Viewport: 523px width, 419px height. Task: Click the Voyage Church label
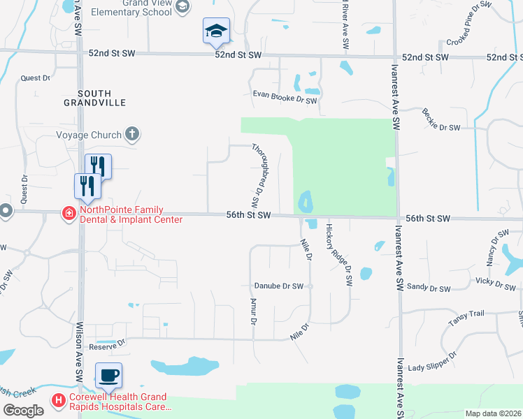click(87, 135)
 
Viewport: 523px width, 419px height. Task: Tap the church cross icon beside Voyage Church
click(131, 134)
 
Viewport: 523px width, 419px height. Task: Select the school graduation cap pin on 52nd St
click(216, 31)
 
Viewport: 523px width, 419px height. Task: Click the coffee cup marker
click(108, 376)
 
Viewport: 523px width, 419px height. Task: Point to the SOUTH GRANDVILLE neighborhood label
click(102, 98)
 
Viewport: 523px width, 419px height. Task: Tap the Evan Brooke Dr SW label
click(285, 100)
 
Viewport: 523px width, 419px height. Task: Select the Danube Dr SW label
click(278, 286)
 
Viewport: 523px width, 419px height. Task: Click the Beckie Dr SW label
click(440, 119)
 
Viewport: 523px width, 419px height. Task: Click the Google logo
click(23, 411)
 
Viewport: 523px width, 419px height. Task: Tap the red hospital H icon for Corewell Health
click(59, 401)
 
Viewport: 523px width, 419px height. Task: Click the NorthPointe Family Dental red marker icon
click(69, 213)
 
